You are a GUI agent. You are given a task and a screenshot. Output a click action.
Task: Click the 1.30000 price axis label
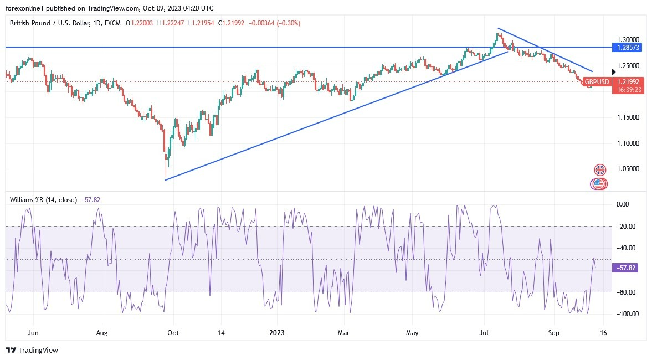coord(628,40)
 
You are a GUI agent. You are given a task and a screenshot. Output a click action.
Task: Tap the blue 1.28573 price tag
coord(629,48)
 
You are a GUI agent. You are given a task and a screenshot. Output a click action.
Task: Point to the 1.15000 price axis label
coord(628,117)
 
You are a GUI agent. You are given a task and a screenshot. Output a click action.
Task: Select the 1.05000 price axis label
coord(628,169)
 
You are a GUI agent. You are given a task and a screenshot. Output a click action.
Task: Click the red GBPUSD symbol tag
coord(597,82)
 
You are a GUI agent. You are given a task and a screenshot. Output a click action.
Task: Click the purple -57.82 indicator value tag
coord(628,268)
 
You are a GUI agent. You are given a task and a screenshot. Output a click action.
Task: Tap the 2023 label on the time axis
coord(276,333)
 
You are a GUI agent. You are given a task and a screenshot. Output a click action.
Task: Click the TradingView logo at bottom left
coord(32,350)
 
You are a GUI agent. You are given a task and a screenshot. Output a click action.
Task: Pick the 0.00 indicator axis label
coord(623,204)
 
